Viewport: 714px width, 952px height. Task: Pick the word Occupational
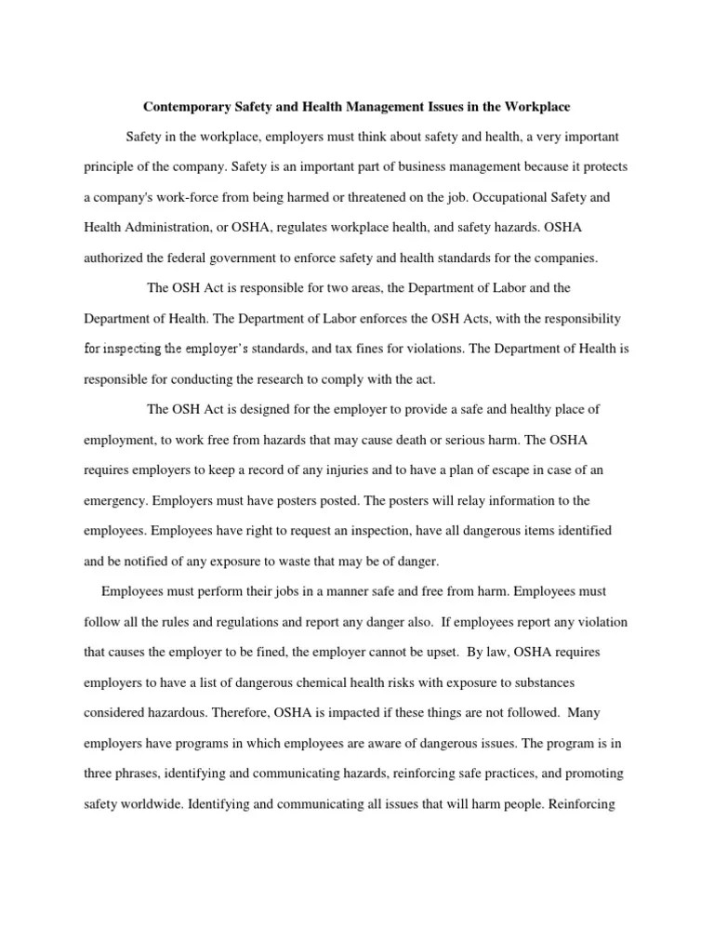click(493, 197)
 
